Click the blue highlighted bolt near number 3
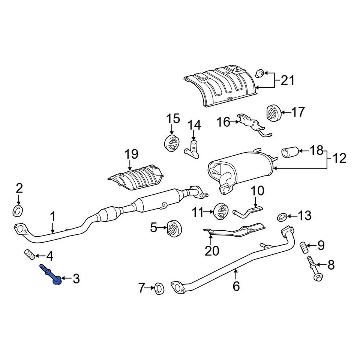pyautogui.click(x=52, y=274)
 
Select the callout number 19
pyautogui.click(x=131, y=154)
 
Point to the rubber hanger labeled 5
pyautogui.click(x=174, y=228)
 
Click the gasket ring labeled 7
pyautogui.click(x=159, y=288)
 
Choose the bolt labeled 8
pyautogui.click(x=314, y=270)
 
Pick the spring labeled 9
pyautogui.click(x=304, y=247)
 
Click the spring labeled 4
pyautogui.click(x=30, y=256)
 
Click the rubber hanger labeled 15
pyautogui.click(x=172, y=144)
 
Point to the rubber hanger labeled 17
pyautogui.click(x=273, y=112)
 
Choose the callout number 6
pyautogui.click(x=236, y=286)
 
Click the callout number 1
pyautogui.click(x=53, y=217)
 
